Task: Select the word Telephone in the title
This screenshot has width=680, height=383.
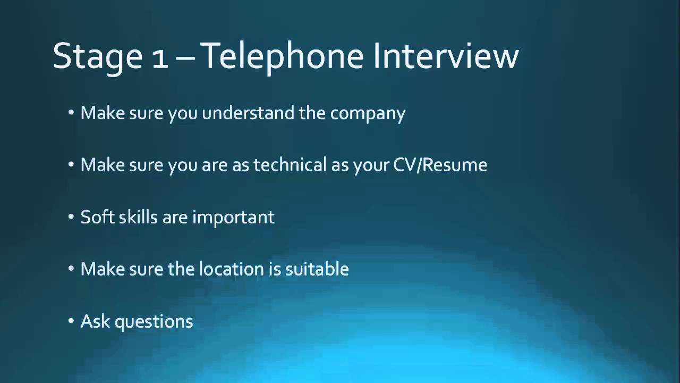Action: [x=283, y=56]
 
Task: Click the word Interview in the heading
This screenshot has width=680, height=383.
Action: [x=446, y=55]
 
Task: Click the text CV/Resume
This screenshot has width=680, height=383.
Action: [x=440, y=165]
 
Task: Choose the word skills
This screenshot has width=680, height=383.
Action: [x=139, y=217]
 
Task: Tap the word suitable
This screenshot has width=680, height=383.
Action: [x=317, y=269]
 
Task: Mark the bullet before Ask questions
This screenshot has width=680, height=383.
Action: [x=72, y=322]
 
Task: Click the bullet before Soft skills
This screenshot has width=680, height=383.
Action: [x=72, y=218]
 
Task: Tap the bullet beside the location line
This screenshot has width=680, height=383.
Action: [x=72, y=270]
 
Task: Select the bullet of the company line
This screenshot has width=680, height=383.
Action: [x=72, y=113]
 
